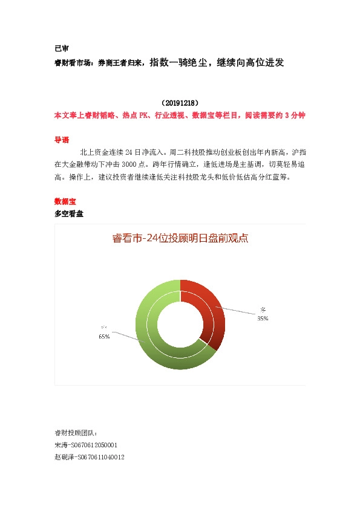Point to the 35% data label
point(263,318)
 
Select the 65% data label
point(104,337)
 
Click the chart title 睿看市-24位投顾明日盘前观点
point(180,238)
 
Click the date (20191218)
point(180,103)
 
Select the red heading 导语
point(61,139)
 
